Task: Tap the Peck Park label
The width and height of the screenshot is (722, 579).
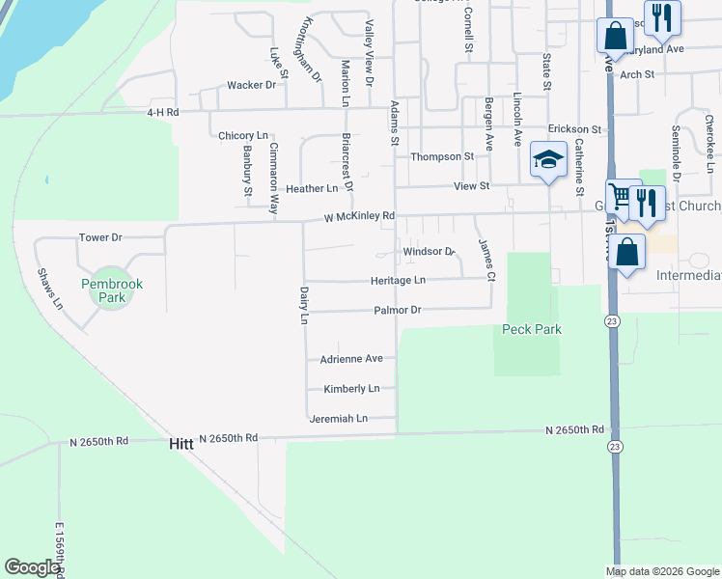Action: coord(532,329)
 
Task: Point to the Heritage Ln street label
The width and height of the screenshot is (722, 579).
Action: coord(398,280)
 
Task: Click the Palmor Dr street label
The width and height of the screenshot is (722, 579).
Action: coord(398,311)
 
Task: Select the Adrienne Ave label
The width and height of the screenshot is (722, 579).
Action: coord(351,358)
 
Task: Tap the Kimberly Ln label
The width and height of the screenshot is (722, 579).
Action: coord(351,389)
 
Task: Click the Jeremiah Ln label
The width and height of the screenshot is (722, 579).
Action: coord(338,419)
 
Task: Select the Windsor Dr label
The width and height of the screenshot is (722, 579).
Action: coord(429,251)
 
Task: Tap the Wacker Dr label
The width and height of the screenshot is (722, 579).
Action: coord(251,85)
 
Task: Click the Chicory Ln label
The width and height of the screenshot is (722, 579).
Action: coord(243,136)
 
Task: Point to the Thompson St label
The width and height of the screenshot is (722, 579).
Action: coord(442,156)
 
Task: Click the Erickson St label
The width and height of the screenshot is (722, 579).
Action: coord(574,128)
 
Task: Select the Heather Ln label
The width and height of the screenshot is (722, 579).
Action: coord(312,188)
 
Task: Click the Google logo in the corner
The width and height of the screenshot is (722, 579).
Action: coord(32,566)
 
